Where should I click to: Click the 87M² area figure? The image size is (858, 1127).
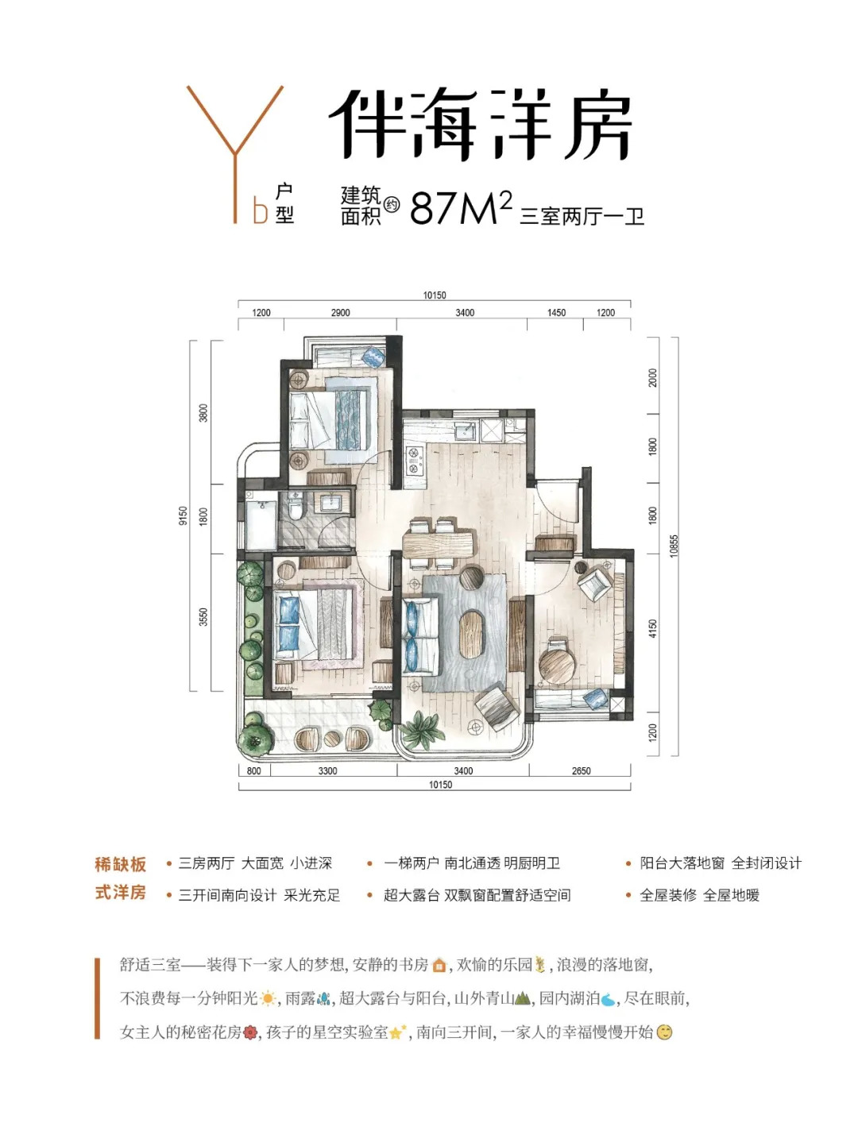pyautogui.click(x=461, y=207)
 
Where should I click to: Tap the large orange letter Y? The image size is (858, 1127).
pyautogui.click(x=234, y=154)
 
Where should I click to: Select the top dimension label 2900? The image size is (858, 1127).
pyautogui.click(x=340, y=313)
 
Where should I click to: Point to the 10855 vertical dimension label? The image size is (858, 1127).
pyautogui.click(x=674, y=546)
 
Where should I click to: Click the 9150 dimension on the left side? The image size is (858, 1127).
pyautogui.click(x=184, y=515)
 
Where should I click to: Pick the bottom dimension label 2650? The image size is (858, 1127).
pyautogui.click(x=581, y=770)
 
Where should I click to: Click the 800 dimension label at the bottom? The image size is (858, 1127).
pyautogui.click(x=253, y=770)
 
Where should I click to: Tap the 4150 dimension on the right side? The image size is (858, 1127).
pyautogui.click(x=652, y=629)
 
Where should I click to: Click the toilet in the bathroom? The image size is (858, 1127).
pyautogui.click(x=296, y=509)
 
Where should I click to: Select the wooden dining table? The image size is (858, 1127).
pyautogui.click(x=438, y=544)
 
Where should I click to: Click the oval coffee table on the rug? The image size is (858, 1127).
pyautogui.click(x=472, y=634)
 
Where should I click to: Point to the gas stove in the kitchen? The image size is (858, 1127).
pyautogui.click(x=413, y=460)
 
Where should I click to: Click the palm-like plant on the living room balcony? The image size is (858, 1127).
pyautogui.click(x=422, y=730)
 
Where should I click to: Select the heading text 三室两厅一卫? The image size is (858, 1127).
pyautogui.click(x=582, y=216)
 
